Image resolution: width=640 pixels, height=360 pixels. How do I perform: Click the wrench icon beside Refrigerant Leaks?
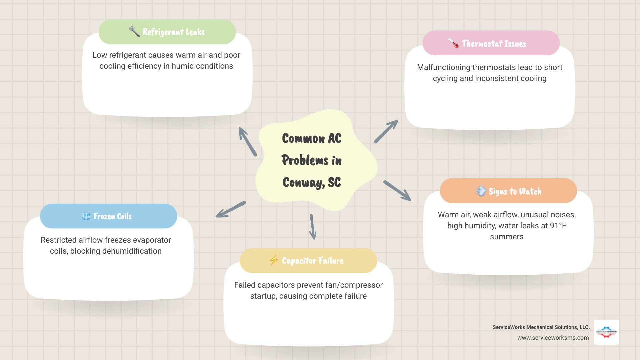click(x=134, y=32)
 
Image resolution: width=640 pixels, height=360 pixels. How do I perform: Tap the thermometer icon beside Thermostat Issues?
click(x=453, y=43)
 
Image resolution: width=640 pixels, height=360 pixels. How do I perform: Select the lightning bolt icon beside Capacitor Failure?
click(x=274, y=260)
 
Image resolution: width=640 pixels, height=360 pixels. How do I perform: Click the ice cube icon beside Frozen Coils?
click(x=86, y=216)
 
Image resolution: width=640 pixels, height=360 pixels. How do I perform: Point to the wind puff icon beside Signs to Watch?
click(x=481, y=191)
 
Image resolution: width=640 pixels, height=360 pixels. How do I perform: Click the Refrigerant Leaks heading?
click(x=173, y=32)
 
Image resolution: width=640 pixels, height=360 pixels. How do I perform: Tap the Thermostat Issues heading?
click(x=494, y=44)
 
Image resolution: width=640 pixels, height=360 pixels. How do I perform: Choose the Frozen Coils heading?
click(x=112, y=216)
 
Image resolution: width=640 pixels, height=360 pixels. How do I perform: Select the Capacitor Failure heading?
click(x=313, y=261)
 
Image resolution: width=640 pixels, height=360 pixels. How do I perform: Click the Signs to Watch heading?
click(x=515, y=191)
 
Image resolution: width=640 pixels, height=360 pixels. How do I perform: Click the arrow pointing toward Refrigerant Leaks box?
click(x=247, y=141)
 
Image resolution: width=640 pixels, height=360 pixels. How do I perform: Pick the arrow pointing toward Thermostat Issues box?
click(x=386, y=132)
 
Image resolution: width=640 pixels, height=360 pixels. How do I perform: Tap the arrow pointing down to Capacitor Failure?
click(x=312, y=227)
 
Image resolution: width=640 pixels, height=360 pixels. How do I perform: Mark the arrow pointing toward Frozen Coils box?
click(x=231, y=209)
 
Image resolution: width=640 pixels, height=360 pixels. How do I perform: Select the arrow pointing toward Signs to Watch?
click(x=397, y=191)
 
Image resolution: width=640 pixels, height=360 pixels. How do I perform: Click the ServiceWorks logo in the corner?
click(x=606, y=332)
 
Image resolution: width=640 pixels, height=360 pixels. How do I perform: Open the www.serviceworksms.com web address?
click(x=553, y=338)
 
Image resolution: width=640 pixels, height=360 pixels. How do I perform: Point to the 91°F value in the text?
click(x=558, y=226)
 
